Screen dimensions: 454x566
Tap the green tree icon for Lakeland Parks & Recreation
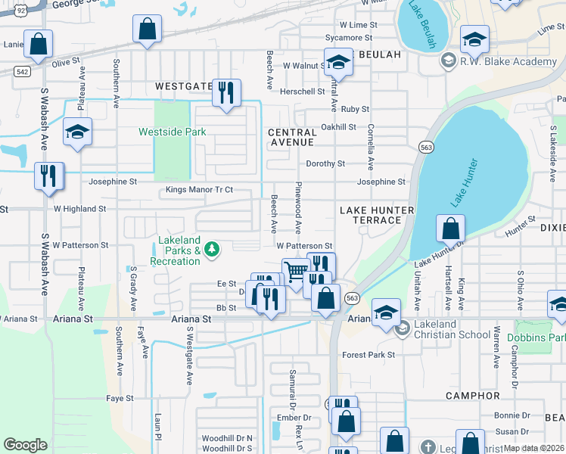coord(213,248)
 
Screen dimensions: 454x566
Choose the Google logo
coord(25,445)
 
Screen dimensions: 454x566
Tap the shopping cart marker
coord(296,271)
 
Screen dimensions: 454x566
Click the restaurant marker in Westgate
coord(226,93)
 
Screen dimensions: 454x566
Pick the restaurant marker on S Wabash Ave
coord(49,176)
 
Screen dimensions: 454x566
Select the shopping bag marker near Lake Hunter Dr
coord(451,228)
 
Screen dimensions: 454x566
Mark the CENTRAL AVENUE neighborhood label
coord(292,137)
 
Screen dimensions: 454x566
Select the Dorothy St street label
coord(325,163)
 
